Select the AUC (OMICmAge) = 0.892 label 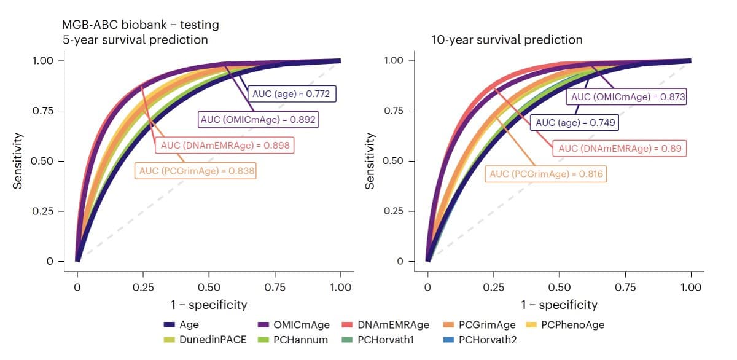pos(258,120)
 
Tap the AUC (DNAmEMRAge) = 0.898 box pos(224,146)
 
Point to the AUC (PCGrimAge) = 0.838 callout pos(196,171)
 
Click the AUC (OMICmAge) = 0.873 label pos(628,97)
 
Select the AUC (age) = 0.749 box pos(575,122)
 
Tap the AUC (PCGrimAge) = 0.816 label pos(545,174)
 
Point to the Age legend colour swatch pos(171,324)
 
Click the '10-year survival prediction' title pos(507,40)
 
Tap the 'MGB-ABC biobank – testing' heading pos(140,25)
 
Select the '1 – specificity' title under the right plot pos(559,305)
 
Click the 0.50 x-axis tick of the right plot pos(559,287)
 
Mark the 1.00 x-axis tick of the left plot pos(340,287)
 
